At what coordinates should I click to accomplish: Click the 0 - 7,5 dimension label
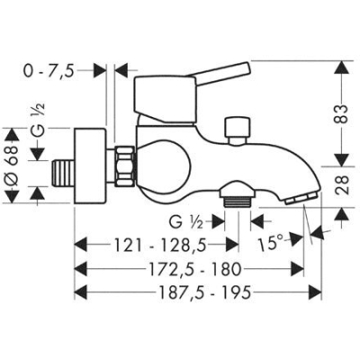pyautogui.click(x=49, y=71)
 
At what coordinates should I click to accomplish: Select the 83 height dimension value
pyautogui.click(x=342, y=113)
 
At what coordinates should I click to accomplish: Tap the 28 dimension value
pyautogui.click(x=342, y=184)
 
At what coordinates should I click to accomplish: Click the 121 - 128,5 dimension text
pyautogui.click(x=160, y=245)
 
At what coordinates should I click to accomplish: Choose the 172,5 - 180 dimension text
pyautogui.click(x=195, y=268)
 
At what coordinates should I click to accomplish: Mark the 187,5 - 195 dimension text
pyautogui.click(x=203, y=292)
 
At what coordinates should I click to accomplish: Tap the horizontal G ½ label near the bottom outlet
pyautogui.click(x=185, y=222)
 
